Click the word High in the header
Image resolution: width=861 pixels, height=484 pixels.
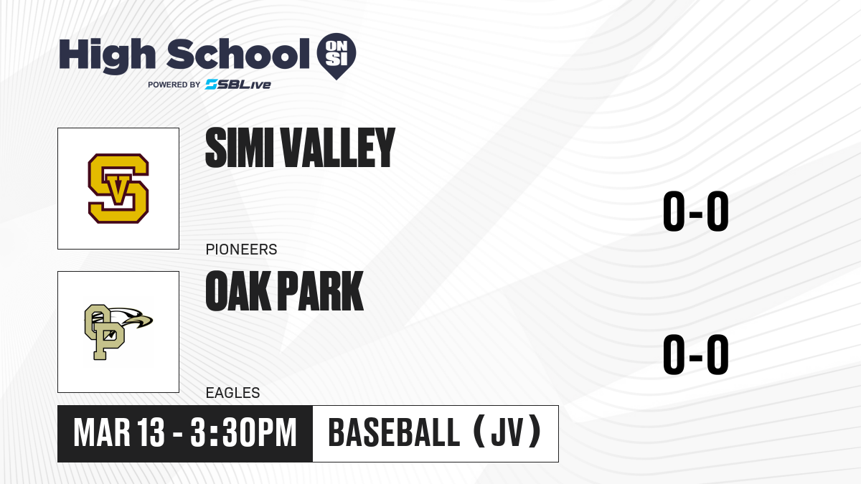107,56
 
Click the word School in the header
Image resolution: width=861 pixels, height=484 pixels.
238,54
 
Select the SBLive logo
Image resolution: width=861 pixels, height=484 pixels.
238,84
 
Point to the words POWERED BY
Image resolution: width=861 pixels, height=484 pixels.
174,85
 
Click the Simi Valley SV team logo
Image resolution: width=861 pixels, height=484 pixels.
118,189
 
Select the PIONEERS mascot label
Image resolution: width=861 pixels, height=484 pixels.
241,250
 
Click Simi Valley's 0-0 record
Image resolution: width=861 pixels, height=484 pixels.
696,212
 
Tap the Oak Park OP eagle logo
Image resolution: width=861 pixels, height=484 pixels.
118,332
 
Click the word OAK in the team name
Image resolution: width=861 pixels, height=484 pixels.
237,291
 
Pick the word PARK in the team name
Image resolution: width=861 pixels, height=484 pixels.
320,291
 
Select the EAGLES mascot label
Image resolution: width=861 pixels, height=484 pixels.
233,393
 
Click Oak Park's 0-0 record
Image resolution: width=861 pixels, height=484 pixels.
696,354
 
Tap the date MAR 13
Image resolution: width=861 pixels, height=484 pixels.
119,433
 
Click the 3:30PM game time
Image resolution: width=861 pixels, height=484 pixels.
243,433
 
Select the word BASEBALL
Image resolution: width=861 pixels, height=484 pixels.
395,433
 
